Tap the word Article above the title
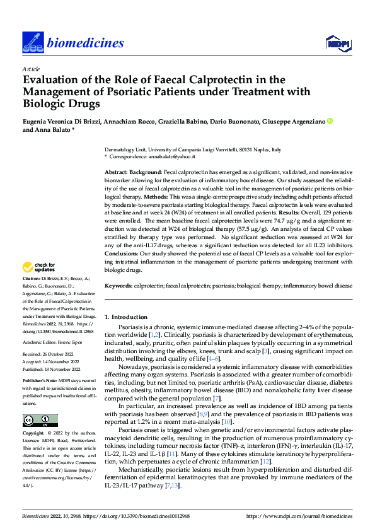pos(31,68)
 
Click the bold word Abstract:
pos(118,172)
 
